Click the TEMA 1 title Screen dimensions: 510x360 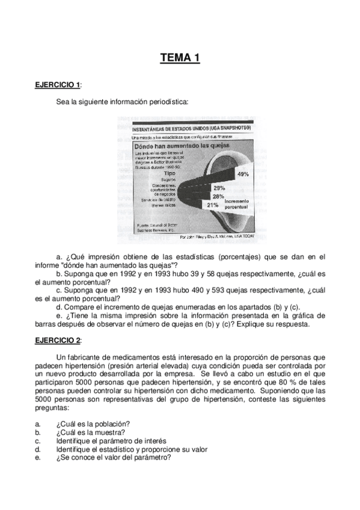click(180, 58)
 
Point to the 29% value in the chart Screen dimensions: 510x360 click(219, 188)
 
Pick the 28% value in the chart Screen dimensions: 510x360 click(218, 197)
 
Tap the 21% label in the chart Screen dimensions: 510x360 click(212, 205)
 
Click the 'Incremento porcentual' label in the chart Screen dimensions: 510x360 click(238, 203)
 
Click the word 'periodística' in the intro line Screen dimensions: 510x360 click(167, 102)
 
